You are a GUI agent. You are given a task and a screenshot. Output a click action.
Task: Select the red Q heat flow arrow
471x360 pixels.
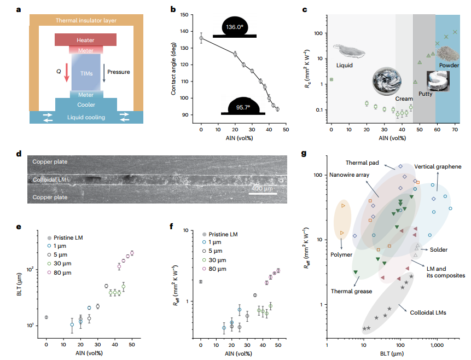pos(67,72)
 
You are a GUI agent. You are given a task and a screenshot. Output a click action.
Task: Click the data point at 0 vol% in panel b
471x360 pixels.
pos(201,38)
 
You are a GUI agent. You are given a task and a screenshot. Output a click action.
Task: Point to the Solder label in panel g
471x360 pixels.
pos(439,249)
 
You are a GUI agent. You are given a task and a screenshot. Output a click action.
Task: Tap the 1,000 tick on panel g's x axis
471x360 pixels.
pos(436,346)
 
